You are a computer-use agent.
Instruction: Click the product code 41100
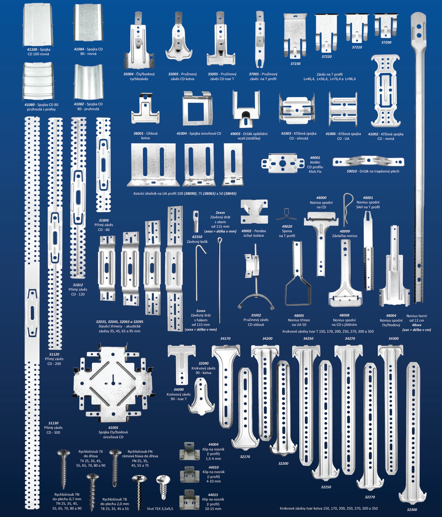(x=32, y=49)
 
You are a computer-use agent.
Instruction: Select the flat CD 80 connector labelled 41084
(x=88, y=23)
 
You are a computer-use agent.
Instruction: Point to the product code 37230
(x=295, y=64)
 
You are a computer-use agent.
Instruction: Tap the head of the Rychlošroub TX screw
(x=63, y=453)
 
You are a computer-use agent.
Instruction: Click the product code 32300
(x=412, y=510)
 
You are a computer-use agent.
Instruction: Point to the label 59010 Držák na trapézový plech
(x=373, y=171)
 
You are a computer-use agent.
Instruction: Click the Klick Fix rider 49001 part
(x=283, y=163)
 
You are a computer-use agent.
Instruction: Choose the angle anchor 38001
(x=145, y=108)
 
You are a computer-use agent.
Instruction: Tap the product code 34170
(x=225, y=338)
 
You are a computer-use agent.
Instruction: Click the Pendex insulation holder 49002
(x=254, y=212)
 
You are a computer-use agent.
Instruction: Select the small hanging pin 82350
(x=196, y=219)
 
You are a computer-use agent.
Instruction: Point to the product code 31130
(x=53, y=423)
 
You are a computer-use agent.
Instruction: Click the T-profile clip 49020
(x=286, y=215)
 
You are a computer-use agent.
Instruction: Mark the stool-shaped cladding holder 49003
(x=246, y=109)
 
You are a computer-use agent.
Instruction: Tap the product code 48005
(x=299, y=315)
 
